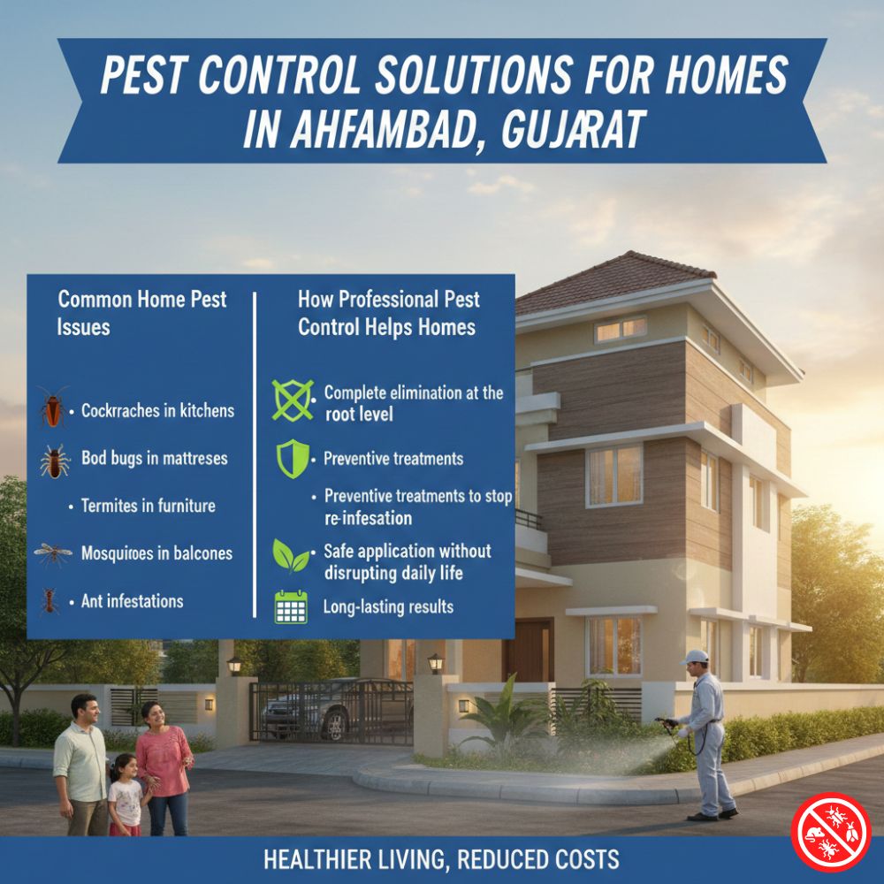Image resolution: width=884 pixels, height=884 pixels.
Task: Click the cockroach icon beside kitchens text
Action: [x=53, y=408]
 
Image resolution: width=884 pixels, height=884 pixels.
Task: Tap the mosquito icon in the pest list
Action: [x=53, y=553]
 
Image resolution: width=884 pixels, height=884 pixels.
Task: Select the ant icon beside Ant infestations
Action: [x=50, y=601]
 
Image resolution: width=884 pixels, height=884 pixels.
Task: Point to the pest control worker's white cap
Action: [x=695, y=657]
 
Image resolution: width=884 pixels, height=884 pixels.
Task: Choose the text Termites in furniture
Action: [x=148, y=507]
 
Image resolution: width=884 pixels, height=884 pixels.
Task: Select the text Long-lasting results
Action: [x=388, y=607]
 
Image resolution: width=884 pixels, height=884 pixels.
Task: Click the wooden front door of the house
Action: [x=528, y=650]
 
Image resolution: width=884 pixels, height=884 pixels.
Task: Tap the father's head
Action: [x=84, y=708]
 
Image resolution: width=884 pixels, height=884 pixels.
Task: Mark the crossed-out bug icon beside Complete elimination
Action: [x=293, y=400]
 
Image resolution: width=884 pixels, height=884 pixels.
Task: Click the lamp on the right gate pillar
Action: [x=435, y=662]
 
